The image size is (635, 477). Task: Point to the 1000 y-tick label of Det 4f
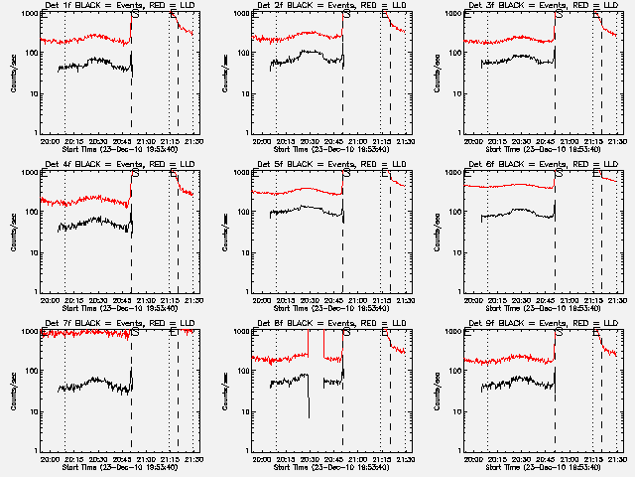coord(30,172)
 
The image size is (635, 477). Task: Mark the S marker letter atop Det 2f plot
coord(346,15)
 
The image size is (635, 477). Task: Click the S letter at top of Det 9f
coord(559,333)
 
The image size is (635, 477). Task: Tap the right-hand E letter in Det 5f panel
coord(386,174)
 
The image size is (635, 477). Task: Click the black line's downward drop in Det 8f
coord(309,397)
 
